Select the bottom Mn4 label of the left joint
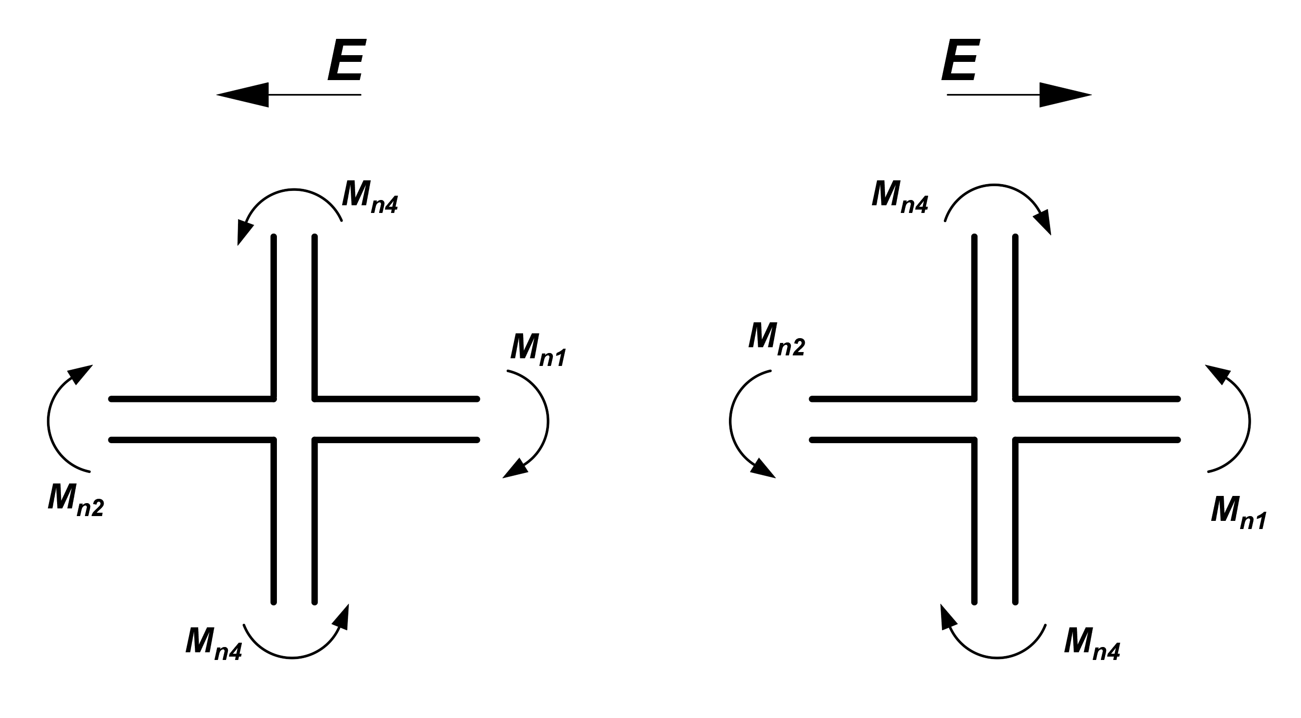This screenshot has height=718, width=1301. tap(214, 643)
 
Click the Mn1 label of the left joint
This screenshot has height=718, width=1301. tap(538, 349)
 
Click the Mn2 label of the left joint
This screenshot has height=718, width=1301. tap(76, 500)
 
